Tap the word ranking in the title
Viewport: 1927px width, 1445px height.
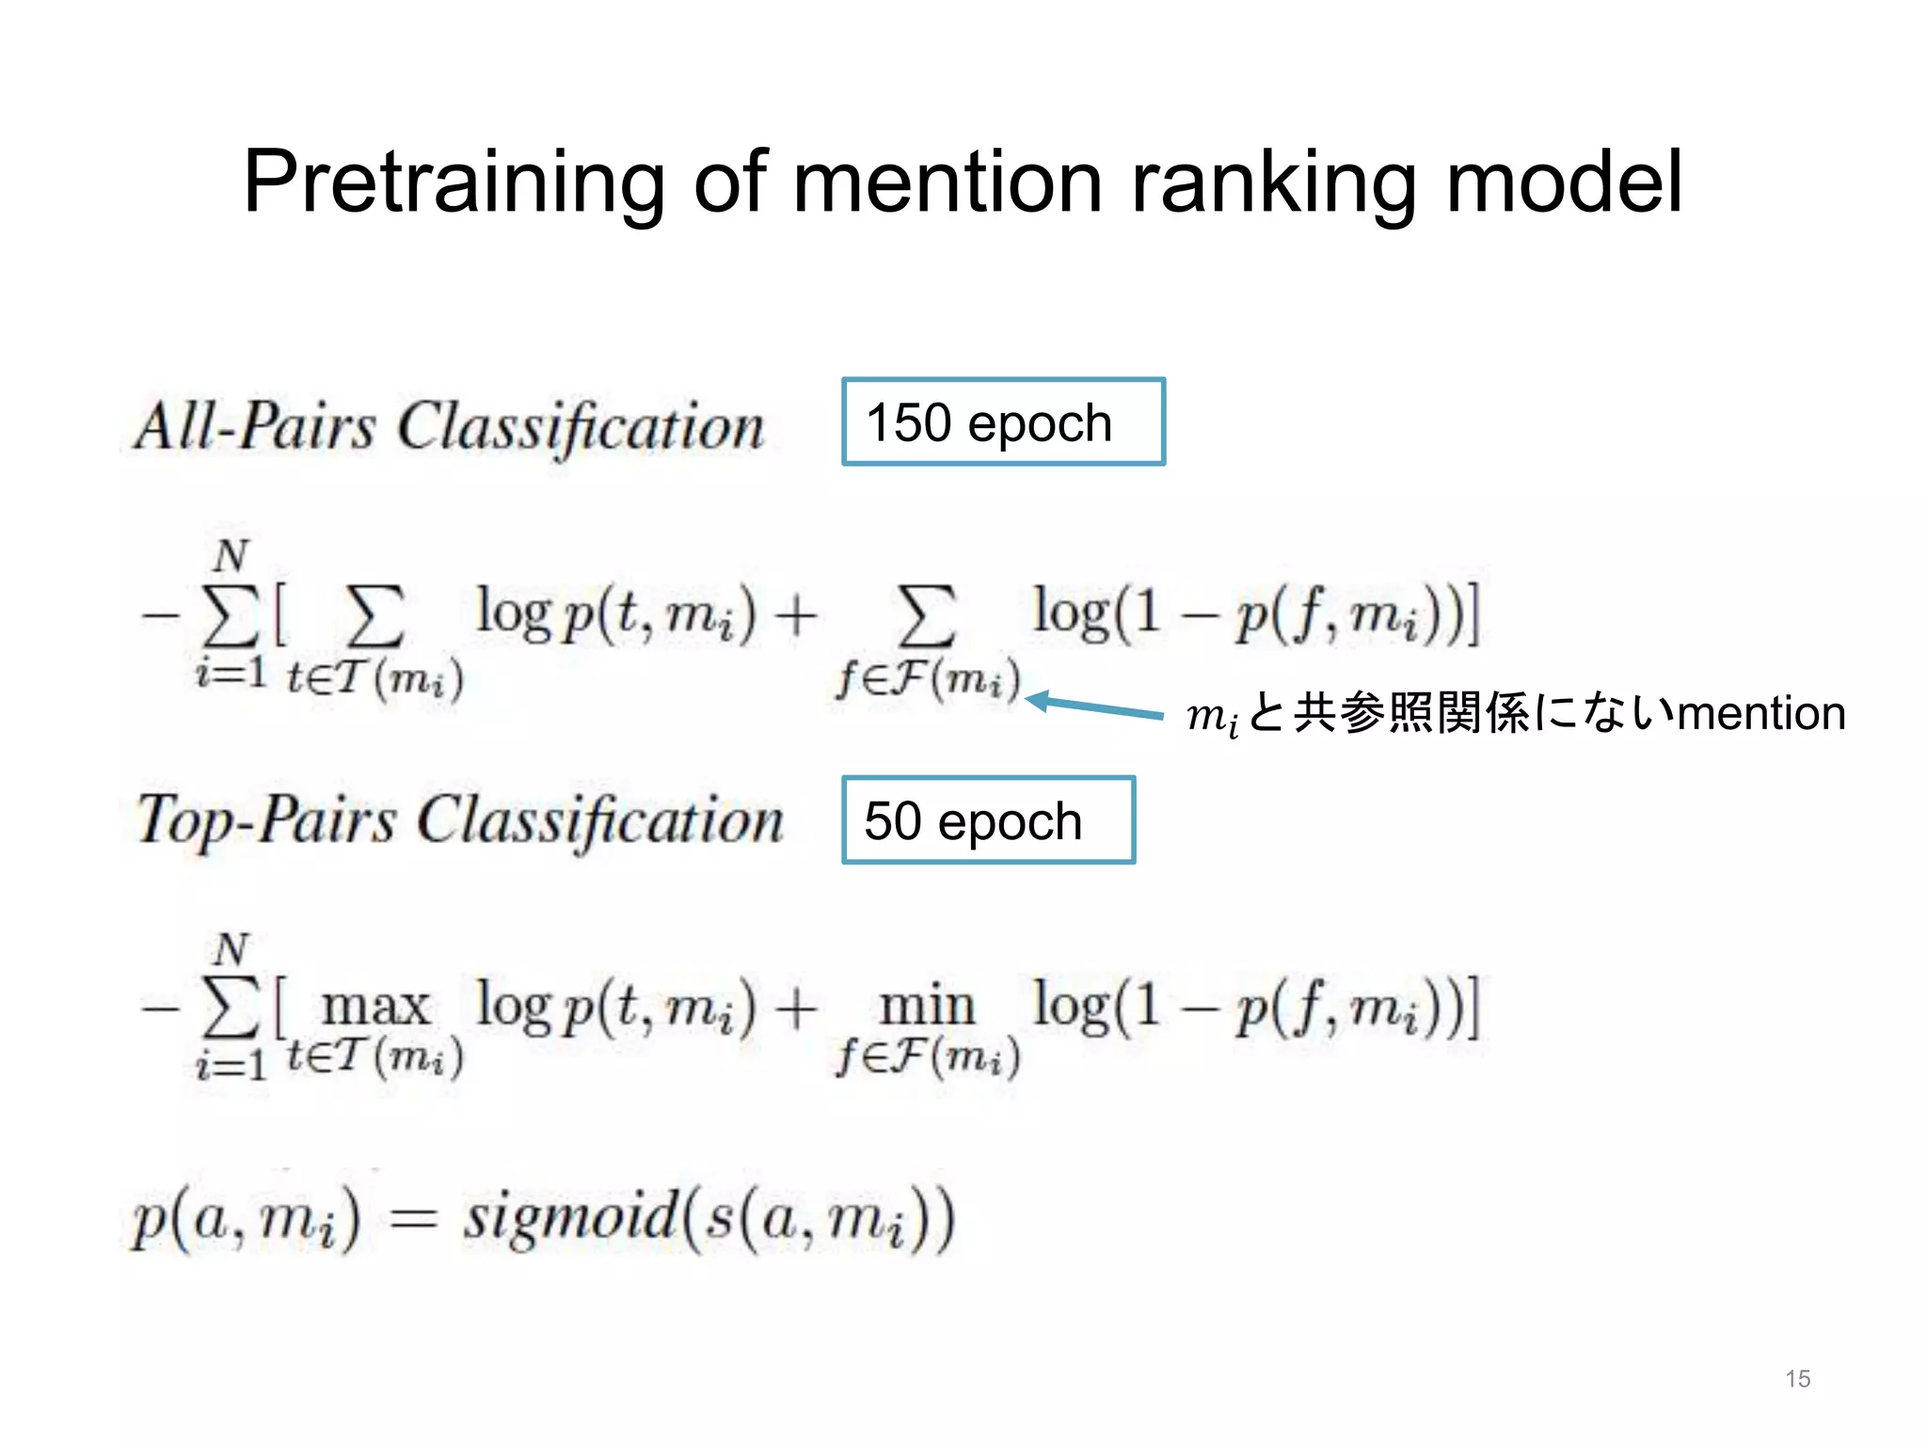[x=1274, y=183]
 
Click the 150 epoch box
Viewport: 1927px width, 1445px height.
[x=1003, y=422]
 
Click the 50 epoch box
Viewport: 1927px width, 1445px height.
[x=988, y=820]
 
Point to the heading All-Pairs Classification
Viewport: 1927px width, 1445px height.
[x=450, y=427]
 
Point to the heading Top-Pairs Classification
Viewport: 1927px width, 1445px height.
[x=459, y=821]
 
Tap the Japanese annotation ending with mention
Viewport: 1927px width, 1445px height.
[x=1516, y=714]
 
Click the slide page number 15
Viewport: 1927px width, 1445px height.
[x=1797, y=1379]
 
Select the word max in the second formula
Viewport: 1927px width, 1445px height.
[x=375, y=1007]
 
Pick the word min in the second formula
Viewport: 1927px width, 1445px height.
[x=927, y=1007]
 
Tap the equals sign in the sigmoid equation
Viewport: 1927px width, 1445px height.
[x=413, y=1220]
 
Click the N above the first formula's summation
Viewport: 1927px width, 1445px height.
[x=231, y=557]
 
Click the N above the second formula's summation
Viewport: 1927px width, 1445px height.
[x=231, y=950]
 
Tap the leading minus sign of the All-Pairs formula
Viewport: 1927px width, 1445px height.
[x=160, y=617]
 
